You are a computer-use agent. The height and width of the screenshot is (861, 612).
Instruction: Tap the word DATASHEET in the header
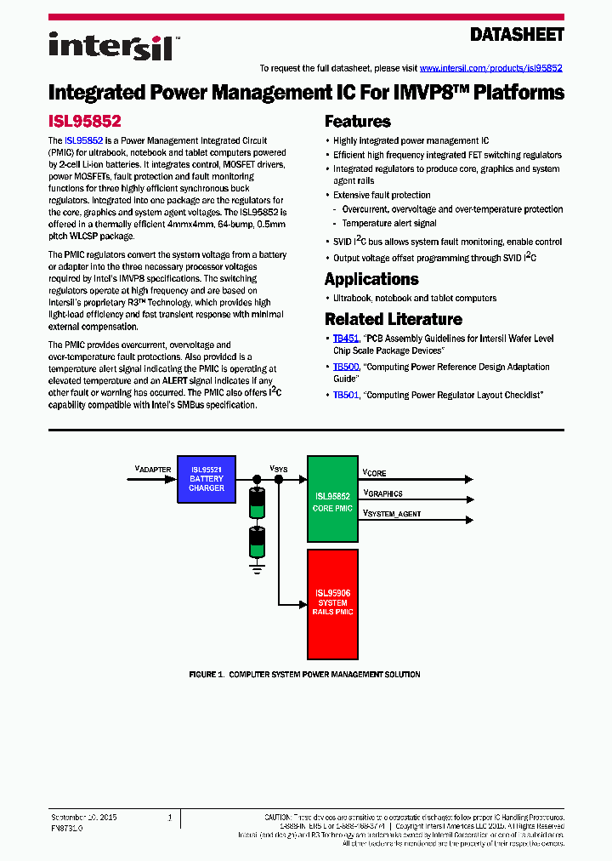(517, 35)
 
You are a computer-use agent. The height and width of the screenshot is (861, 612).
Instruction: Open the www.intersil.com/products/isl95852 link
(490, 68)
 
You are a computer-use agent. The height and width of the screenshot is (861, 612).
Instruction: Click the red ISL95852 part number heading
(85, 122)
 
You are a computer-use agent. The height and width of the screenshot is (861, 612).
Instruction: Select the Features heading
(358, 122)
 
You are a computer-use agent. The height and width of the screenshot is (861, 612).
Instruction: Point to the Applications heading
(371, 279)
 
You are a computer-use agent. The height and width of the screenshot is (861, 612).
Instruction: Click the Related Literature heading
(394, 319)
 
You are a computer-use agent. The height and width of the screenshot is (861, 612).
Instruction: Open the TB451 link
(345, 339)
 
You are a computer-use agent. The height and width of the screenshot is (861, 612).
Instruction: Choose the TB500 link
(345, 367)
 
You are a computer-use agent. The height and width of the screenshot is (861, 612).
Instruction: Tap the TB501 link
(345, 395)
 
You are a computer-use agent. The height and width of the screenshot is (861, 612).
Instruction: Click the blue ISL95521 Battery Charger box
(207, 479)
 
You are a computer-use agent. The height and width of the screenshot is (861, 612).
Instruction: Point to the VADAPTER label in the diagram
(153, 469)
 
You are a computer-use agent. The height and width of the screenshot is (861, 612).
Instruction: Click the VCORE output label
(375, 472)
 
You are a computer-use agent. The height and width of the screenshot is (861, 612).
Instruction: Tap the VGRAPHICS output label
(382, 493)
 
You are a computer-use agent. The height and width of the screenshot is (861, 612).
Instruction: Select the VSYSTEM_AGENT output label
(392, 513)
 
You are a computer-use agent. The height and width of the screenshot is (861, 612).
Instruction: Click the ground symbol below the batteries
(255, 562)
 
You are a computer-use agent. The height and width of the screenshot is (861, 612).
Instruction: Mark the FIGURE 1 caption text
(304, 675)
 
